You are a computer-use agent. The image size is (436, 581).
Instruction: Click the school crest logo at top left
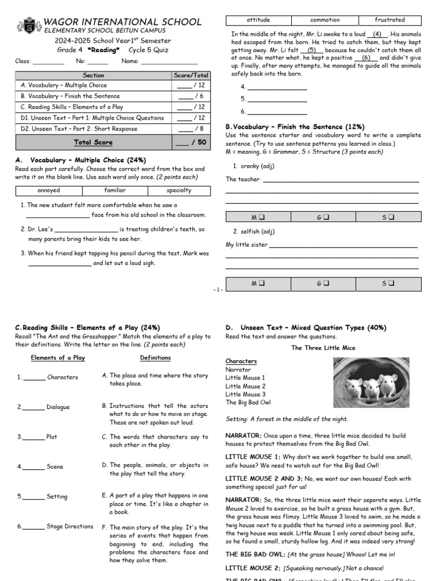click(27, 26)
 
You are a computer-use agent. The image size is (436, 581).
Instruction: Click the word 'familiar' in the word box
click(115, 191)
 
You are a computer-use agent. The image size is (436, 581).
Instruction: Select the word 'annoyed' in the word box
click(48, 191)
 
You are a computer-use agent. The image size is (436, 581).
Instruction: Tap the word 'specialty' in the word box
click(179, 191)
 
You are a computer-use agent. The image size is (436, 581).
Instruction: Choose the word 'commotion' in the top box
click(325, 20)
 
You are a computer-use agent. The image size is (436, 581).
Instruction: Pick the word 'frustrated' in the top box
click(389, 20)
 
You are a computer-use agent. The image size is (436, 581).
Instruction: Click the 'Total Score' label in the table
click(93, 142)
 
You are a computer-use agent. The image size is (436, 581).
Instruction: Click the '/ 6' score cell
click(191, 96)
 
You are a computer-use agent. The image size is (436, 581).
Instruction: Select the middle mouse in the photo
click(371, 388)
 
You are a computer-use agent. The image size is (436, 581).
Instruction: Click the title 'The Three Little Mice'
click(323, 348)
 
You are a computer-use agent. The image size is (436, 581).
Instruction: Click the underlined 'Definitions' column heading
click(155, 358)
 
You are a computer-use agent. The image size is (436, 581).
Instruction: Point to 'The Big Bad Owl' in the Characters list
click(248, 403)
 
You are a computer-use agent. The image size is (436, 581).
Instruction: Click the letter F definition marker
click(104, 527)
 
